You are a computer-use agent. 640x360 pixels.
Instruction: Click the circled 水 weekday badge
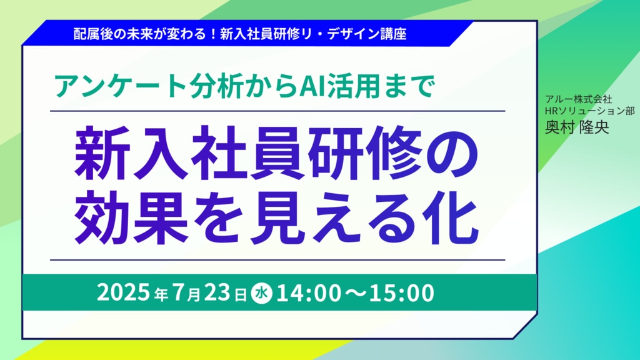[x=261, y=293]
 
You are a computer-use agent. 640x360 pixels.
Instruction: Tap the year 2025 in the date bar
[x=123, y=292]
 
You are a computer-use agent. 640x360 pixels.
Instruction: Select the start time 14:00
[x=308, y=293]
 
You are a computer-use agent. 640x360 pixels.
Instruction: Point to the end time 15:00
[x=402, y=293]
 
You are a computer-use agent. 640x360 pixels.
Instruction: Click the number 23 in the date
[x=217, y=292]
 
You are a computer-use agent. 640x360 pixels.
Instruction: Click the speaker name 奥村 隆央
[x=577, y=127]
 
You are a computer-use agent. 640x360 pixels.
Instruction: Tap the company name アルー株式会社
[x=579, y=99]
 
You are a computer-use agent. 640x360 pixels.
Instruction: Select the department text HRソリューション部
[x=590, y=111]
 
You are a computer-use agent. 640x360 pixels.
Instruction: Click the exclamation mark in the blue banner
[x=213, y=34]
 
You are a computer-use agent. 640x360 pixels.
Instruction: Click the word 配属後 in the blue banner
[x=94, y=34]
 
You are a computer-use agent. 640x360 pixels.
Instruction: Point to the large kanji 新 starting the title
[x=102, y=154]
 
